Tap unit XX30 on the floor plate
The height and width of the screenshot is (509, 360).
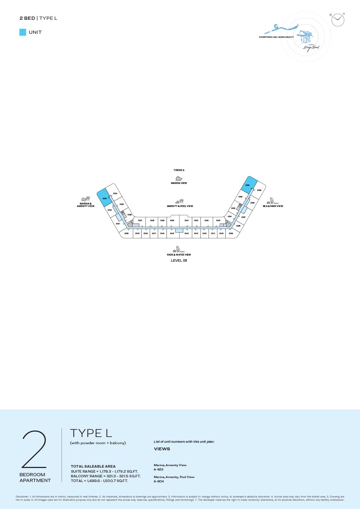pos(172,221)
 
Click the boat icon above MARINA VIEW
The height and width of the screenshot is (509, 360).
pos(179,179)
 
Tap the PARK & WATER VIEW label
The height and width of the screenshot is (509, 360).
pos(179,254)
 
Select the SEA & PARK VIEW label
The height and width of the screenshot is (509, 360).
pos(273,206)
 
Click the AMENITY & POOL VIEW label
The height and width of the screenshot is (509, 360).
pos(180,206)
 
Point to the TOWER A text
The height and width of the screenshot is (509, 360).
pos(179,170)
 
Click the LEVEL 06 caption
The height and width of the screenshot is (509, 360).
pos(179,261)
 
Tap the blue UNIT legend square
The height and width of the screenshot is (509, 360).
pos(23,32)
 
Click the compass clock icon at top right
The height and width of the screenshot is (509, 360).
pos(338,20)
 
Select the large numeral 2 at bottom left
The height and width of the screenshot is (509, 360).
pos(34,449)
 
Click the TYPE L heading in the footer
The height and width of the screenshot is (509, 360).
pos(91,433)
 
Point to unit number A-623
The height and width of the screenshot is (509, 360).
pos(158,469)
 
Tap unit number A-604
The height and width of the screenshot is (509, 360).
pos(158,481)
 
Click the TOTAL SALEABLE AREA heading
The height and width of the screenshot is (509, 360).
pos(93,466)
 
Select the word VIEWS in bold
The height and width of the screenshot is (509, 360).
pos(162,449)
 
